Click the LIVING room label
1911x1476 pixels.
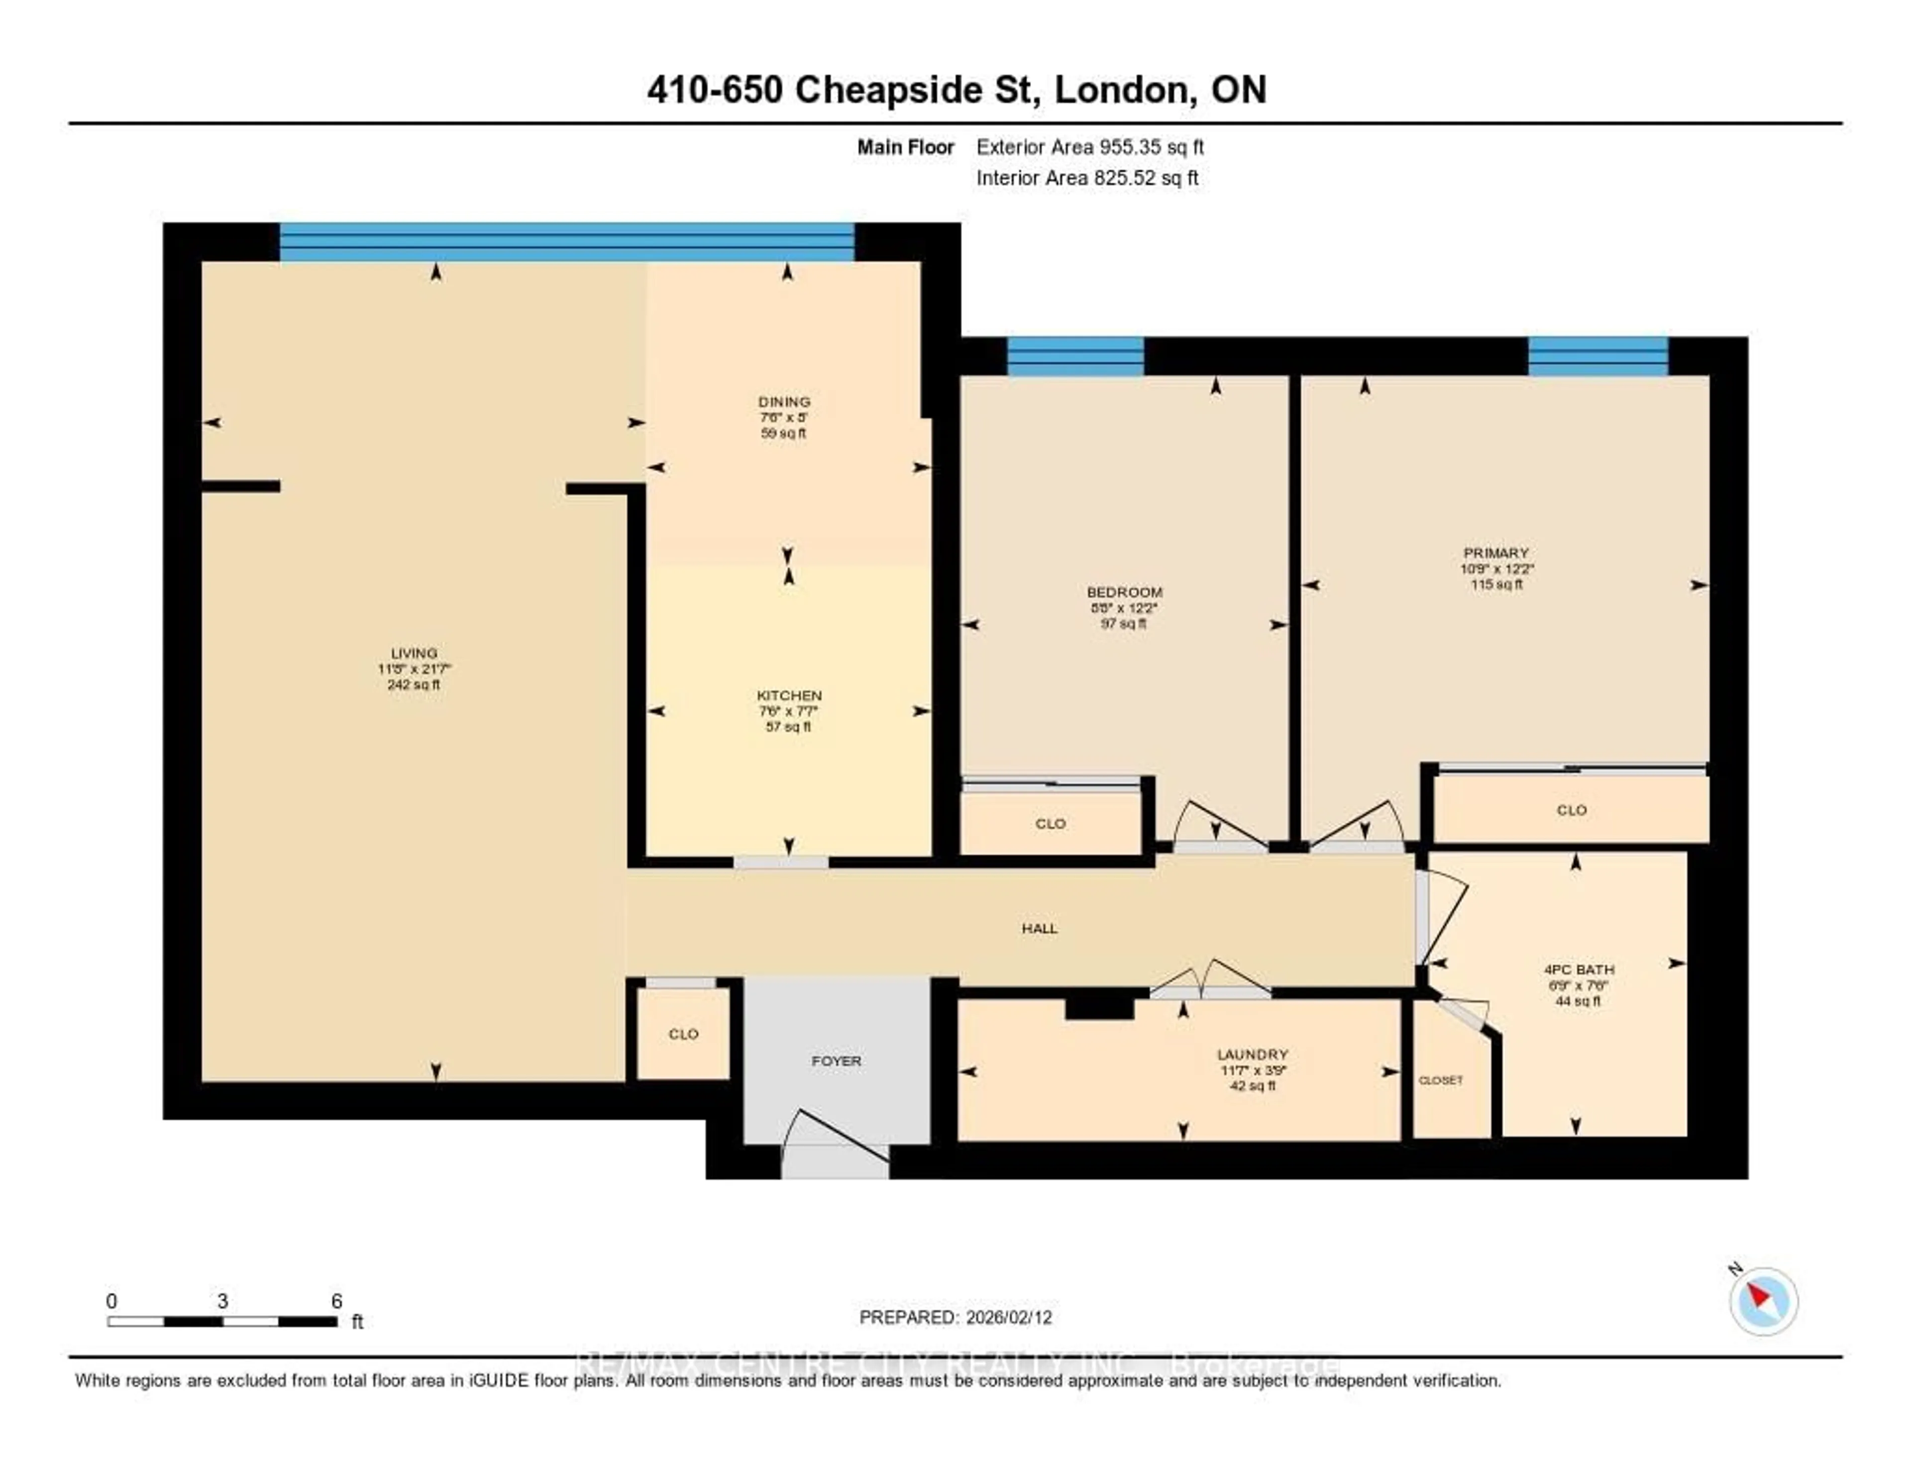click(414, 653)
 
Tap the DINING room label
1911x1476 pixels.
click(784, 402)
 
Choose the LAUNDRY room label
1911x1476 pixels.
click(1252, 1054)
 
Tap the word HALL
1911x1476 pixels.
click(1040, 928)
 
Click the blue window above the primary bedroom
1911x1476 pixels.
click(1598, 357)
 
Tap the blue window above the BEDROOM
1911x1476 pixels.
click(1075, 357)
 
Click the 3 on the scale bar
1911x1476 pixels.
click(222, 1301)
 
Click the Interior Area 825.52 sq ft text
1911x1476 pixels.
click(1087, 178)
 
